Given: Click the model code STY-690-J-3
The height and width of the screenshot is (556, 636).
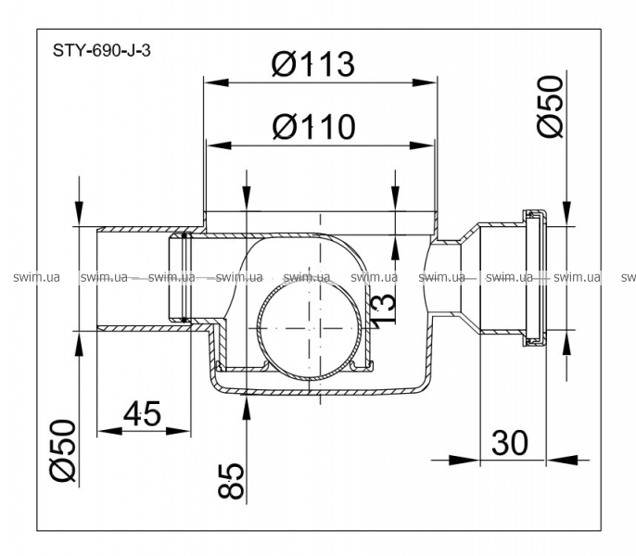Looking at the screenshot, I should coord(97,51).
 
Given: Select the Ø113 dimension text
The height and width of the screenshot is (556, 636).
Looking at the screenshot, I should coord(313,64).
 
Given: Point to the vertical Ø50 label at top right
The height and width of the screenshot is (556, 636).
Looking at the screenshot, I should coord(551,107).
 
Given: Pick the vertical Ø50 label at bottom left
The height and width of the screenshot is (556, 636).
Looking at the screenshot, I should coord(63,449).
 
